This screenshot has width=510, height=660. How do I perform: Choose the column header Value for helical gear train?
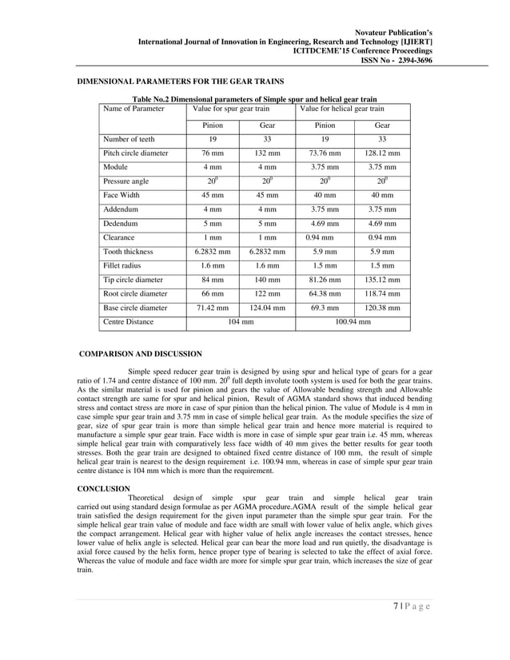(x=341, y=108)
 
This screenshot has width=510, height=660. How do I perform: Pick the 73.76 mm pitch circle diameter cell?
(x=325, y=153)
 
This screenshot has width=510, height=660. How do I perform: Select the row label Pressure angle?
(x=126, y=181)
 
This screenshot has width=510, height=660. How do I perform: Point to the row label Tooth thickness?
(x=128, y=252)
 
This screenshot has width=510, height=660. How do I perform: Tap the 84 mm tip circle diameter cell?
(x=213, y=280)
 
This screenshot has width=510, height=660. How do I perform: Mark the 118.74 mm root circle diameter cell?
(x=382, y=294)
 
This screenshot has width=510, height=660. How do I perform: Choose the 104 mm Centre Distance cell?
(x=240, y=322)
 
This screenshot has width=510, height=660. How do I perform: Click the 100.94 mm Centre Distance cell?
(x=353, y=322)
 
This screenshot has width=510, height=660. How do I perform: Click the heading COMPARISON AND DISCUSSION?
(x=141, y=353)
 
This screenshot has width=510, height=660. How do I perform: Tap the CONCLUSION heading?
(x=103, y=487)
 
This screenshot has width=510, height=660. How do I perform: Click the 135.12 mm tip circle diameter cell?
(x=382, y=280)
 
